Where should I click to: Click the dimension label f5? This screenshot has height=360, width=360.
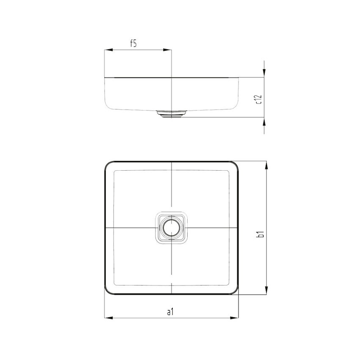tap(133, 44)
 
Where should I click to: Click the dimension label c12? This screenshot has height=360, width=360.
tap(259, 99)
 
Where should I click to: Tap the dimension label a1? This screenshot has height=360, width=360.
tap(170, 312)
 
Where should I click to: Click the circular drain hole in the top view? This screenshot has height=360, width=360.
tap(171, 228)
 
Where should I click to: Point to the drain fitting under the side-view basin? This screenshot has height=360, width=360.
tap(171, 114)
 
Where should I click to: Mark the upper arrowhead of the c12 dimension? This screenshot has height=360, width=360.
tap(265, 74)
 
